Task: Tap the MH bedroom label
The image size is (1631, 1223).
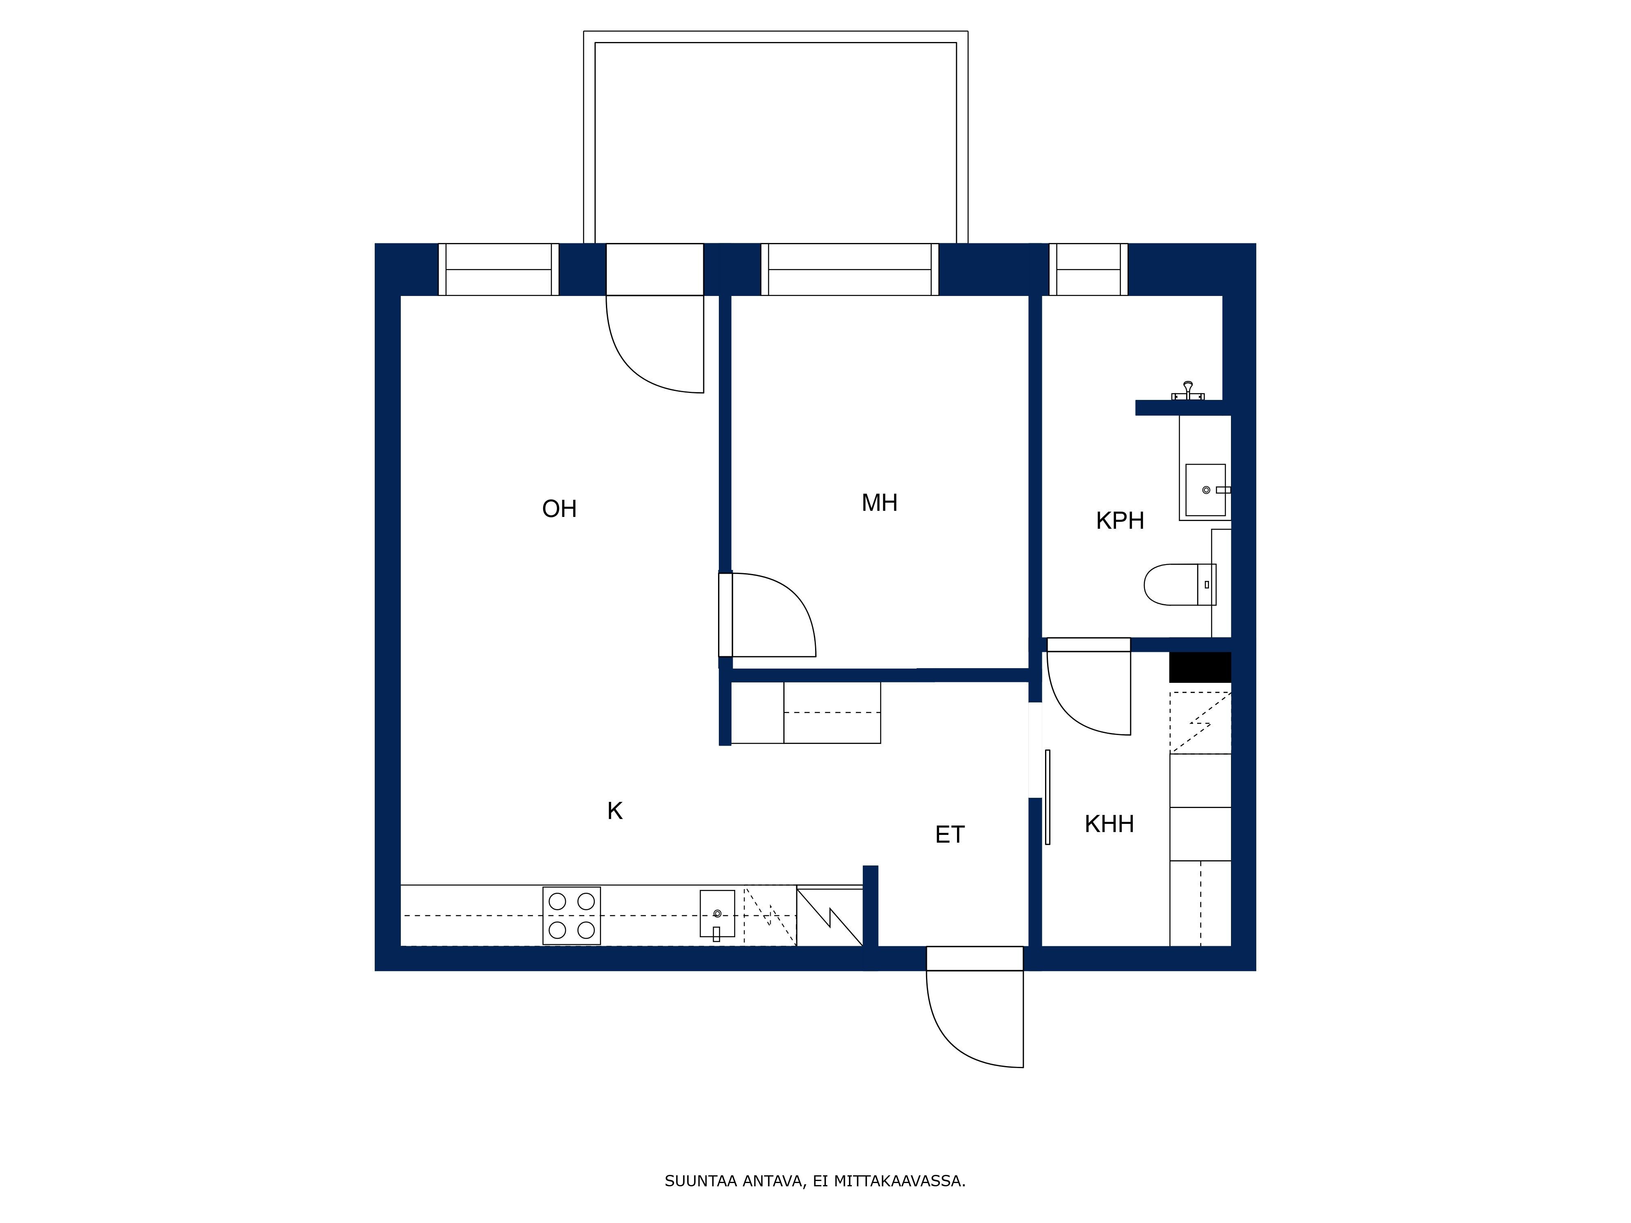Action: (x=880, y=503)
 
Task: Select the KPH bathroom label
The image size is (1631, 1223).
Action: (x=1120, y=521)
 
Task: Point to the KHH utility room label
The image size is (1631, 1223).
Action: (x=1109, y=823)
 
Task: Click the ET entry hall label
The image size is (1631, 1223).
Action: (x=950, y=834)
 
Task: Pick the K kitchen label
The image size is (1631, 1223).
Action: (x=615, y=811)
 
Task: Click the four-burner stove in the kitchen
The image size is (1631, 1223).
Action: (x=571, y=916)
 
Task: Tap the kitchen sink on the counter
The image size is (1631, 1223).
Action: (x=717, y=914)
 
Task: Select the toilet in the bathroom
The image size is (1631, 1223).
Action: (x=1180, y=585)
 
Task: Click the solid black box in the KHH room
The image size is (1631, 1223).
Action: (x=1200, y=667)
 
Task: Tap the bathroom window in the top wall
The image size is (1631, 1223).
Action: (x=1088, y=269)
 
